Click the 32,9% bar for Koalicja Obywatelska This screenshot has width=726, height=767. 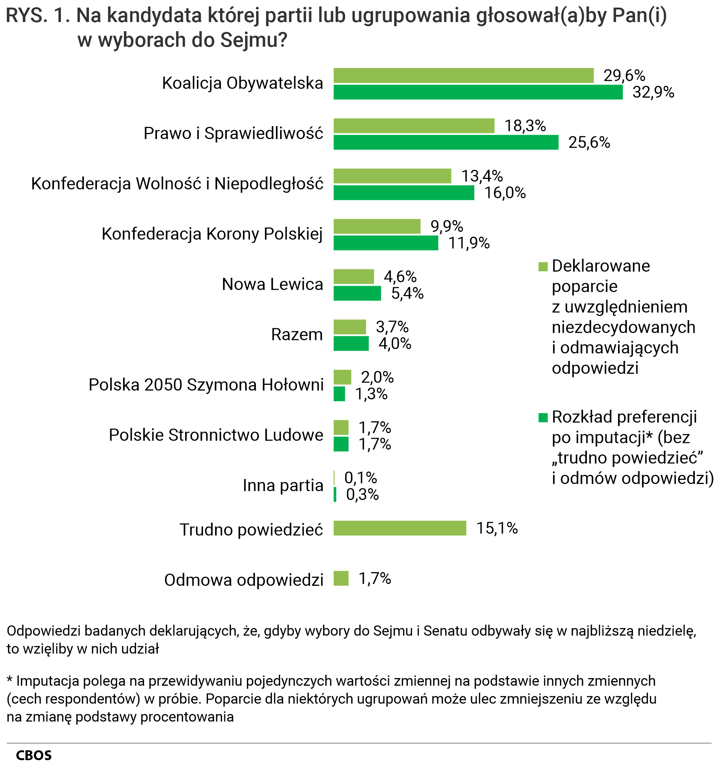coord(478,92)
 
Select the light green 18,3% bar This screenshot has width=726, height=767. coord(414,126)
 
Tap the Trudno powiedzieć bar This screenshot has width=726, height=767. coord(399,528)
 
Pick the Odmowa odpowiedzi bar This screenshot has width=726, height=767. coord(341,579)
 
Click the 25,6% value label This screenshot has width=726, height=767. coord(589,143)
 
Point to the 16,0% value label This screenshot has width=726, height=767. coord(505,193)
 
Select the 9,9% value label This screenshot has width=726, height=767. coord(447,226)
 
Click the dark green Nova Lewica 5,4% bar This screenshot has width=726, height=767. coord(357,293)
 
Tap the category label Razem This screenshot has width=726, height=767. coord(296,335)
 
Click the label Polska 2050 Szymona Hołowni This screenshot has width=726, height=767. coord(206,385)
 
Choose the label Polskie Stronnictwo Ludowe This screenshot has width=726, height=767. coord(216,435)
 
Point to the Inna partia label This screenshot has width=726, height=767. coord(282,486)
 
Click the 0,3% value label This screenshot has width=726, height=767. coord(362,494)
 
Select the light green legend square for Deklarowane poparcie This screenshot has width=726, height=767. coord(542,267)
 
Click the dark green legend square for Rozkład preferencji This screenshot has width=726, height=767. coord(542,418)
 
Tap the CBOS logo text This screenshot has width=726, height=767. coord(34,755)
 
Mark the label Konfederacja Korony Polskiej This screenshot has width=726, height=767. coord(212,234)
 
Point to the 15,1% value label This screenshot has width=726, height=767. coord(496,528)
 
